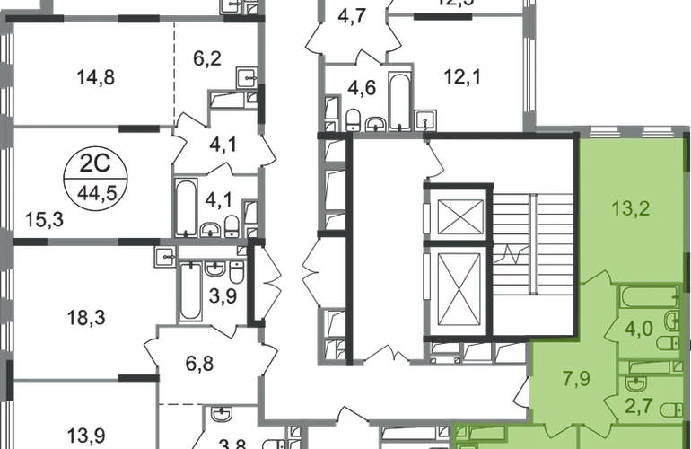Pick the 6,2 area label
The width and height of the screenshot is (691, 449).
click(x=203, y=62)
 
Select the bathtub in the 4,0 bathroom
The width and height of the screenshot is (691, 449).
click(x=649, y=299)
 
